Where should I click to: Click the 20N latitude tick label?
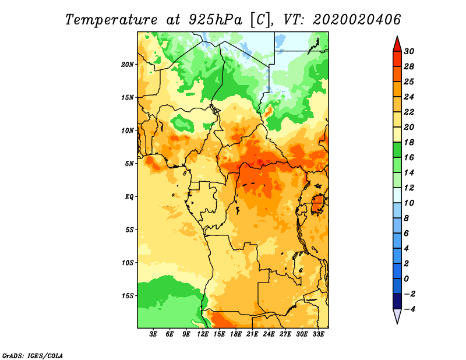coord(127,65)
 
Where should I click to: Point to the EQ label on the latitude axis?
coord(129,197)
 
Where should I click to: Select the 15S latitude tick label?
coord(127,296)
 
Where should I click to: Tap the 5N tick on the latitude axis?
coord(129,164)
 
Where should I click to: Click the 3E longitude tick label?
coord(153,334)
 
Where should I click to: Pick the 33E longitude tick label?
coord(318,334)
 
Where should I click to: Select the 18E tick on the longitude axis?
coord(236,334)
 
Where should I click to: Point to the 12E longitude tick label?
coord(203,334)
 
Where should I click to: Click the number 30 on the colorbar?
coord(409,51)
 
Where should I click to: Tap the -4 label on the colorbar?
coord(409,309)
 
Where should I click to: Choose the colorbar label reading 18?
coord(409,142)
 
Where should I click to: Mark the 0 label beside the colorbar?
coord(406,279)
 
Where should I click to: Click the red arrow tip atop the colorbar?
coord(397,37)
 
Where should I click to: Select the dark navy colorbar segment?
coord(397,301)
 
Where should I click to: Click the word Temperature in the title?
coord(111,20)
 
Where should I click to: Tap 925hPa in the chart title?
coord(216,20)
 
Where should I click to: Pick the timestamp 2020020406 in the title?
coord(356,20)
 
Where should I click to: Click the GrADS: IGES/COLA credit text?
coord(33,356)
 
